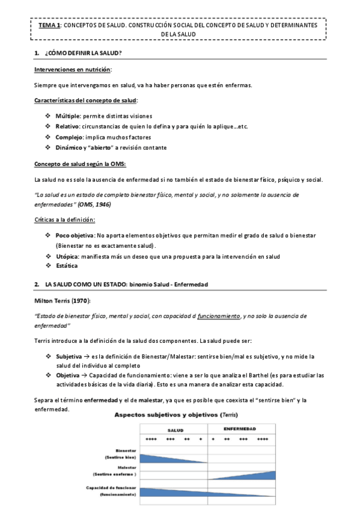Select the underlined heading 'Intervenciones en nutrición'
72,69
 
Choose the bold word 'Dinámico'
70,148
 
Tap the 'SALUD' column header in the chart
175,431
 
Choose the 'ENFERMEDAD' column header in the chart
239,429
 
